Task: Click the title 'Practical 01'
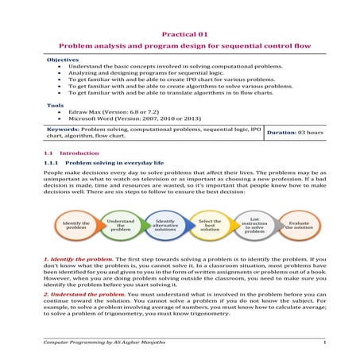[x=184, y=35]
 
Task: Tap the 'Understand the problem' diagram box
[x=121, y=225]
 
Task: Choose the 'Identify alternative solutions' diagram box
[x=165, y=225]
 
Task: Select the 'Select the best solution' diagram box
[x=210, y=225]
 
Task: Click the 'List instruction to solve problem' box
[x=254, y=225]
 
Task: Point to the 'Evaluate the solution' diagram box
[x=299, y=225]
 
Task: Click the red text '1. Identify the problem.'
[x=79, y=259]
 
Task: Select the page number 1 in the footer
[x=324, y=341]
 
